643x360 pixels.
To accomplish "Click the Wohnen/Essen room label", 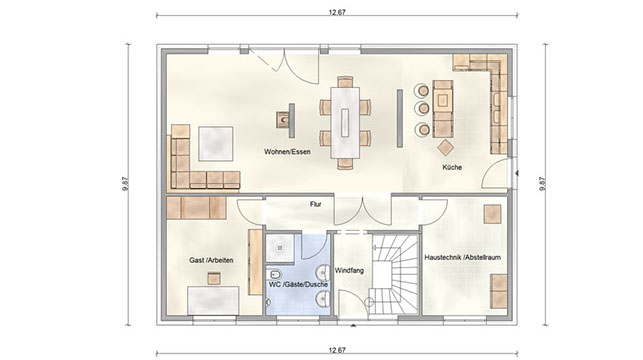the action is (x=287, y=152).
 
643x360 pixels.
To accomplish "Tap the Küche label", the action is (x=452, y=167).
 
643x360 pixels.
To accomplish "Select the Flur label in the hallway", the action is (x=315, y=204).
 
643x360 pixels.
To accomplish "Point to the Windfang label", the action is (x=349, y=271).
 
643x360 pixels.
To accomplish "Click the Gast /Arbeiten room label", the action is (x=211, y=260).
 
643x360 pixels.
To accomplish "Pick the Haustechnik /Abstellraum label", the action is (x=463, y=257).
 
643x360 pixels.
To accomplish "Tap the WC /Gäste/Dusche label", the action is (x=298, y=284).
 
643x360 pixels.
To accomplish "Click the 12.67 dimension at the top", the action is (x=337, y=12).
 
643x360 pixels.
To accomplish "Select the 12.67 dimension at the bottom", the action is (x=337, y=350).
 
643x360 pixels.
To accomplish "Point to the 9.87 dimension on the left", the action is (x=125, y=184).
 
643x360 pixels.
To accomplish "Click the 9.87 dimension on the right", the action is (x=542, y=184).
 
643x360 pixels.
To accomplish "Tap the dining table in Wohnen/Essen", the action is (x=345, y=123).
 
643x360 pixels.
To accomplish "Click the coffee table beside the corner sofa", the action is (x=216, y=144).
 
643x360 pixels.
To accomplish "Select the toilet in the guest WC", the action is (x=274, y=274).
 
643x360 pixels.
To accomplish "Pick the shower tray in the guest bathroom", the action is (x=280, y=248).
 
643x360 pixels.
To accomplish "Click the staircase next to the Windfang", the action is (x=394, y=274).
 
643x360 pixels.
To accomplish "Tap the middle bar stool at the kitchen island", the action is (x=422, y=109).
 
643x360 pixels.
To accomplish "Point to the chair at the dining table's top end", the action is (x=345, y=82).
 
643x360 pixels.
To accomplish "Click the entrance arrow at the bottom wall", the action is (x=353, y=326).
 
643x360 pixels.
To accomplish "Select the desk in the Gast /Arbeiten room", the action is (x=213, y=301).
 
